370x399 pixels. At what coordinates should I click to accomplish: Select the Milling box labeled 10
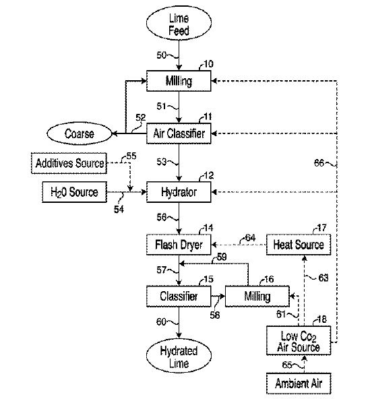[x=179, y=82]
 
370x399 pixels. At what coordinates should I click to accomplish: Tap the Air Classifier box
[x=179, y=133]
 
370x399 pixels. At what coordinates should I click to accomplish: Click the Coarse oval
[x=80, y=133]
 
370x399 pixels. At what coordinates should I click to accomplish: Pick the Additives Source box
[x=69, y=162]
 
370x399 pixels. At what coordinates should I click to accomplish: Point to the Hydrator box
[x=179, y=192]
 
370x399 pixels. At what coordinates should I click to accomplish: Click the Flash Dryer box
[x=179, y=244]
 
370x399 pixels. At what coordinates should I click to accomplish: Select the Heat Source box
[x=299, y=244]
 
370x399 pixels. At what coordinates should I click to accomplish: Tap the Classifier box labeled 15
[x=179, y=296]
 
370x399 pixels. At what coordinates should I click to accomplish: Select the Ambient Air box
[x=299, y=383]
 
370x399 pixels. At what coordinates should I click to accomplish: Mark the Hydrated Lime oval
[x=179, y=357]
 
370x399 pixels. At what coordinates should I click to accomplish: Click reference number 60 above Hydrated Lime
[x=162, y=321]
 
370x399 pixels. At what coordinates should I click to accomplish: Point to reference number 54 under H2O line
[x=119, y=210]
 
